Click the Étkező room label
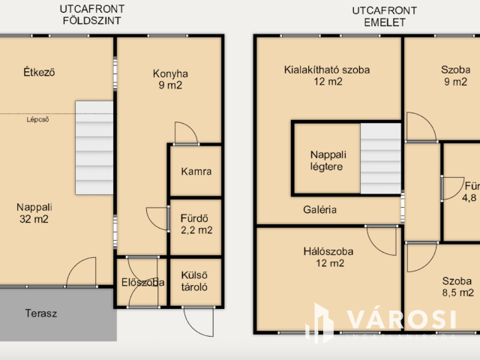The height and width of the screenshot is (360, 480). [39, 73]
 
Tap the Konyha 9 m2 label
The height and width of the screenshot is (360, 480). [170, 79]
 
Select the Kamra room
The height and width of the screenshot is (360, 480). [196, 171]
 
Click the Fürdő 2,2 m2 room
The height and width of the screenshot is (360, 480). [196, 225]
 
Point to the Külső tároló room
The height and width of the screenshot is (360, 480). [196, 281]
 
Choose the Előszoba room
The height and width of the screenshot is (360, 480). [142, 283]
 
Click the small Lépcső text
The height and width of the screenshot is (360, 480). [37, 118]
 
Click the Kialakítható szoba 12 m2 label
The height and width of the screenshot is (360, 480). [327, 76]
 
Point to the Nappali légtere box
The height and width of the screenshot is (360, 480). [326, 160]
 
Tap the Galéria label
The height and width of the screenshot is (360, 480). [320, 210]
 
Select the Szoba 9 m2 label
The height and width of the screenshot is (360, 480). [455, 76]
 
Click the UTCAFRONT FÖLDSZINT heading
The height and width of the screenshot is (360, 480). [92, 15]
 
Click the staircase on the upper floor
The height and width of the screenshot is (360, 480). [381, 159]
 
